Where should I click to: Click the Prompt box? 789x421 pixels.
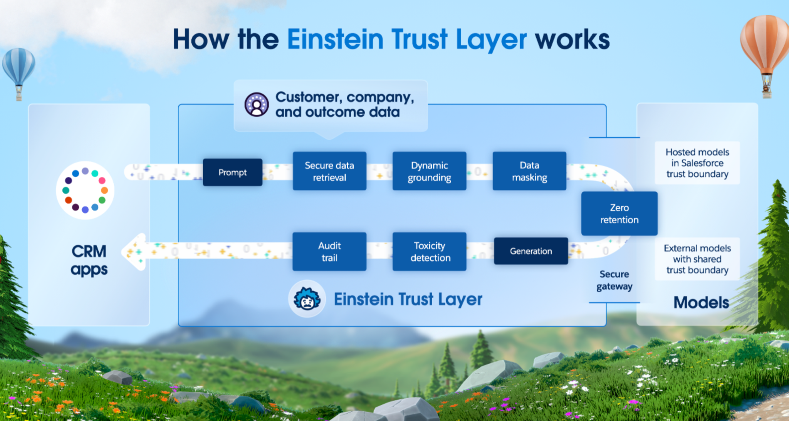(x=232, y=172)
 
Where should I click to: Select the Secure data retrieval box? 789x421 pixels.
(x=329, y=171)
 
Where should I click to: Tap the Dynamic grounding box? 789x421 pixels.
(x=429, y=171)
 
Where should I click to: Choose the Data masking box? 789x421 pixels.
(x=529, y=171)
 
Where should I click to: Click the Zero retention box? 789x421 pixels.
(x=619, y=213)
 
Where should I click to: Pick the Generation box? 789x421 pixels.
(x=530, y=251)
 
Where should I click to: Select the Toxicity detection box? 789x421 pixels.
(x=429, y=252)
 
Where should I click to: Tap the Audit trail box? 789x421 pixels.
(x=329, y=252)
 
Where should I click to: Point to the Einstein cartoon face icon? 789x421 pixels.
(x=307, y=299)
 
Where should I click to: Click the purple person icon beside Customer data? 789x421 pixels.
(x=257, y=104)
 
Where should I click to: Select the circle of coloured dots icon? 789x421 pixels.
(x=85, y=190)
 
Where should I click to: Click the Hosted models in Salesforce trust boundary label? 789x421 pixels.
(x=697, y=163)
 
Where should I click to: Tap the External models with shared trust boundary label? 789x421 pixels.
(x=697, y=259)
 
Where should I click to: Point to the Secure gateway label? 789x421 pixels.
(x=614, y=280)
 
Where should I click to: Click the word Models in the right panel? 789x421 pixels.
(x=701, y=302)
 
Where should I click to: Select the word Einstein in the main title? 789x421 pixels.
(x=335, y=39)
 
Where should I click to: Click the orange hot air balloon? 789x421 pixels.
(x=764, y=46)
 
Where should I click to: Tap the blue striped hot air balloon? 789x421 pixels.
(x=18, y=67)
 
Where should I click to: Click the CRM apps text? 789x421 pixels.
(x=89, y=260)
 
